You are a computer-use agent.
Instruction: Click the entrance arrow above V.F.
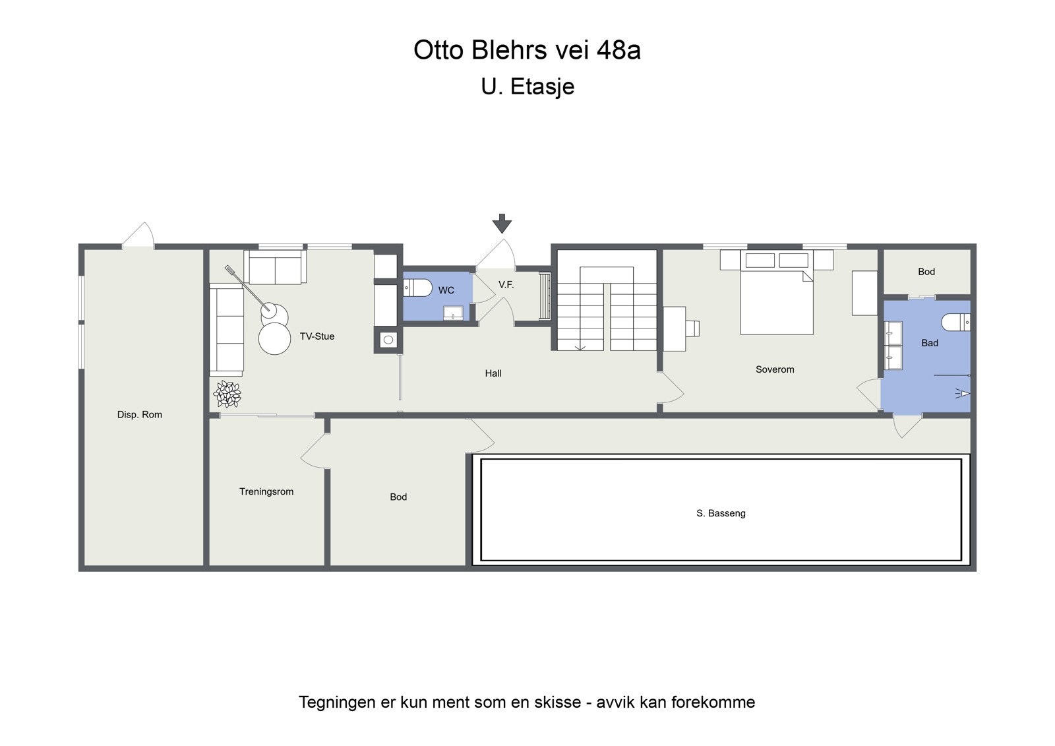(x=502, y=224)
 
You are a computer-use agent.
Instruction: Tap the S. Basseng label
(x=721, y=513)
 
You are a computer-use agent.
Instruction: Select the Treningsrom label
(x=266, y=491)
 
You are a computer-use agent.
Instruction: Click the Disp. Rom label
(x=140, y=414)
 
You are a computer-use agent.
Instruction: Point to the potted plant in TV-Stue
(x=227, y=394)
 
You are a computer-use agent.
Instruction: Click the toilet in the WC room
(x=418, y=288)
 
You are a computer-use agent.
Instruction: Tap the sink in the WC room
(x=453, y=312)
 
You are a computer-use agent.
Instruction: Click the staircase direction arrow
(x=581, y=347)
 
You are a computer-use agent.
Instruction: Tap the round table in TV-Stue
(x=274, y=339)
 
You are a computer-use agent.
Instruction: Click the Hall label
(x=493, y=373)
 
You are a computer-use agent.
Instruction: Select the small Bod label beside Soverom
(x=926, y=272)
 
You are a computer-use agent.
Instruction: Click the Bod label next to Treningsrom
(x=398, y=497)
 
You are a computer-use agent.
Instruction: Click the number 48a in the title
(x=618, y=50)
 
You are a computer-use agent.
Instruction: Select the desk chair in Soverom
(x=692, y=328)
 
